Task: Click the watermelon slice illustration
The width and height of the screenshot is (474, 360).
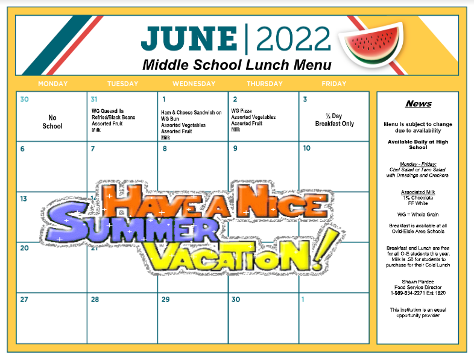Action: click(x=371, y=43)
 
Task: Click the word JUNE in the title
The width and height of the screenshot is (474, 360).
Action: click(x=189, y=39)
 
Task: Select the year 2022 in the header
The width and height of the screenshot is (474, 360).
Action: click(x=293, y=39)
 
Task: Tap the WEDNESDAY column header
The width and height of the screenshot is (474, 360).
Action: click(x=194, y=84)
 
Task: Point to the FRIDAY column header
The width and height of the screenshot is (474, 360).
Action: click(x=333, y=84)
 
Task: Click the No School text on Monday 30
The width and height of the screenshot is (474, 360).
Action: click(x=52, y=122)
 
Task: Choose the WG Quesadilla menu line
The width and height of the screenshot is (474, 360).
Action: click(x=107, y=111)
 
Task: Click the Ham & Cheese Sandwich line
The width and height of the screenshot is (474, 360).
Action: click(x=191, y=112)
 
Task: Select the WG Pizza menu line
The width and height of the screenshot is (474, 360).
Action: click(x=241, y=110)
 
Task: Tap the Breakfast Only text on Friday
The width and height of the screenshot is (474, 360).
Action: click(x=334, y=124)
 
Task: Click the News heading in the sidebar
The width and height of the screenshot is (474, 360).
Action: click(x=419, y=104)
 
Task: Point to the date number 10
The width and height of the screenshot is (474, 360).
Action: click(x=306, y=148)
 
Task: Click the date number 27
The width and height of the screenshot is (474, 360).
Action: click(x=24, y=300)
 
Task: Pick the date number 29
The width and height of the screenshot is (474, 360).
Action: click(x=165, y=300)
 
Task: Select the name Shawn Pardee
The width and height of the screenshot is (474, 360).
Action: click(x=418, y=282)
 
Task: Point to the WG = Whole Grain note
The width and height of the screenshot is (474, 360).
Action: click(x=418, y=215)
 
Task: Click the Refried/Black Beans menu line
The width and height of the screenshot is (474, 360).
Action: click(x=113, y=117)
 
